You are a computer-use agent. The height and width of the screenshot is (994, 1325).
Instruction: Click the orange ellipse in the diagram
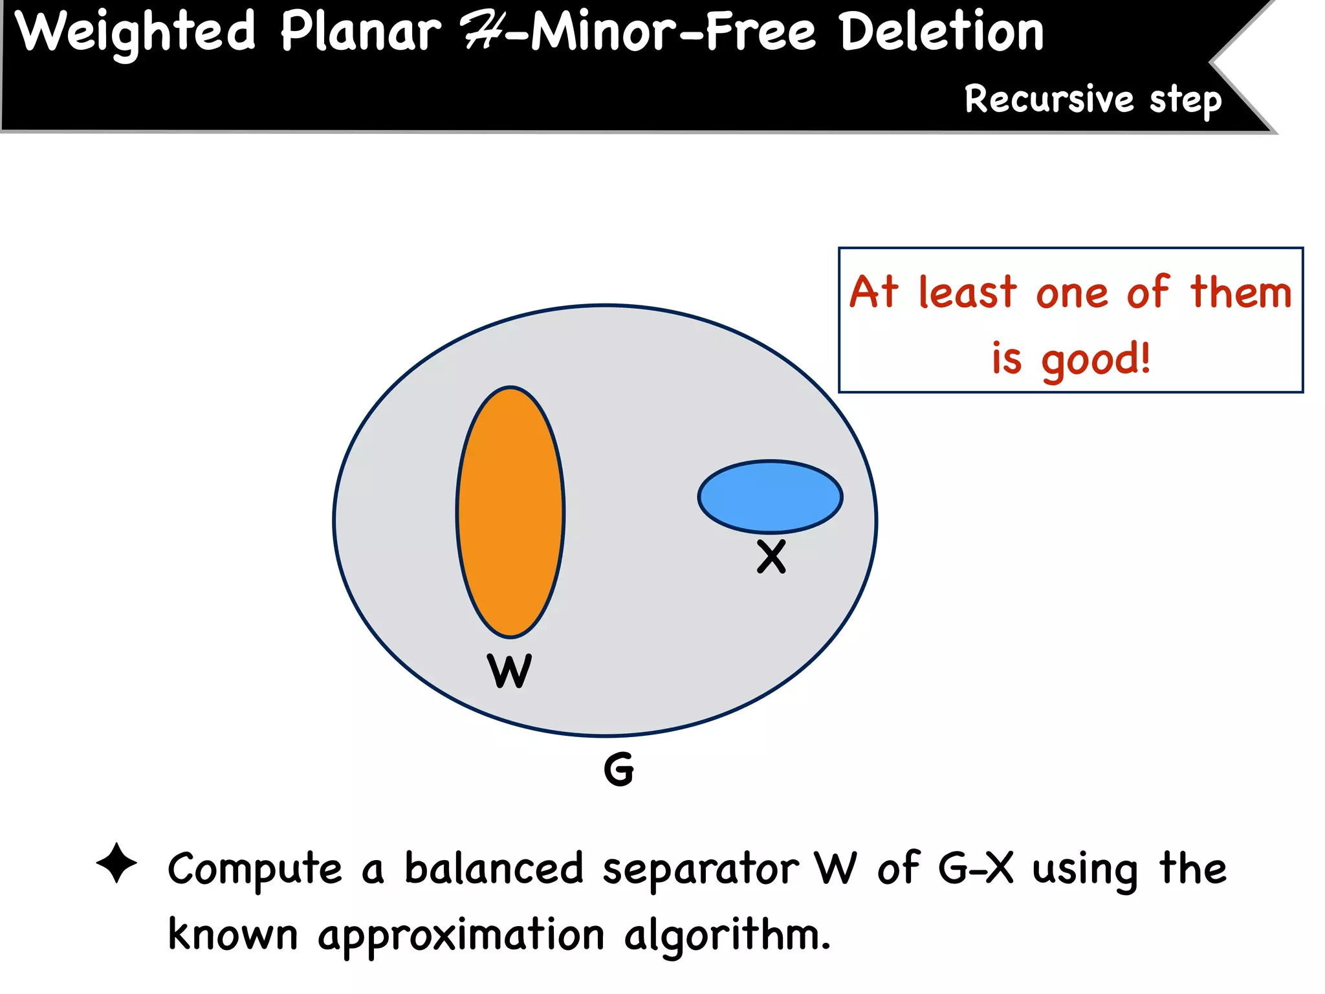pyautogui.click(x=510, y=512)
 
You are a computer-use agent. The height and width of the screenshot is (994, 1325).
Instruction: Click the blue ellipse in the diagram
pyautogui.click(x=770, y=496)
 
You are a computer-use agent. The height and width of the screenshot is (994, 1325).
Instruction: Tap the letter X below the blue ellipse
pyautogui.click(x=771, y=557)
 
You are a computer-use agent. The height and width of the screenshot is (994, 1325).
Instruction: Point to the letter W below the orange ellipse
pyautogui.click(x=510, y=671)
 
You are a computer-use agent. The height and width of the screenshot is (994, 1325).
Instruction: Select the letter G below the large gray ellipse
pyautogui.click(x=619, y=769)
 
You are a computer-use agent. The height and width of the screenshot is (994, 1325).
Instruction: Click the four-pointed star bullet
pyautogui.click(x=116, y=863)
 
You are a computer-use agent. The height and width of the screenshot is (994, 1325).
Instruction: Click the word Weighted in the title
pyautogui.click(x=136, y=32)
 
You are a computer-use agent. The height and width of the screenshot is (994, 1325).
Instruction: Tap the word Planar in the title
pyautogui.click(x=361, y=32)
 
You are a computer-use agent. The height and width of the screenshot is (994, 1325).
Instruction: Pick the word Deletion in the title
pyautogui.click(x=942, y=32)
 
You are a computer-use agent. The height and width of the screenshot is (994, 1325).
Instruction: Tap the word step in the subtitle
pyautogui.click(x=1185, y=101)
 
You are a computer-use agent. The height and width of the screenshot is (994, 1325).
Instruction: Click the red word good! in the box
pyautogui.click(x=1096, y=360)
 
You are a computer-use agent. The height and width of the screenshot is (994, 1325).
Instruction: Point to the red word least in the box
pyautogui.click(x=968, y=293)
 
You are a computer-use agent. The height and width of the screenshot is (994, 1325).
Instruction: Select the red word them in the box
pyautogui.click(x=1241, y=293)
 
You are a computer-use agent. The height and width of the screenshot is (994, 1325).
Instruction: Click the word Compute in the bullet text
pyautogui.click(x=255, y=870)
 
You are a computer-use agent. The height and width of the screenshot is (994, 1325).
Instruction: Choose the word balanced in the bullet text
pyautogui.click(x=494, y=868)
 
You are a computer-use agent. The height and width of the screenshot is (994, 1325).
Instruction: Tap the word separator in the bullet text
pyautogui.click(x=701, y=870)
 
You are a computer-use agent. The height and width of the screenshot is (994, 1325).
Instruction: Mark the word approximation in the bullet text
pyautogui.click(x=461, y=936)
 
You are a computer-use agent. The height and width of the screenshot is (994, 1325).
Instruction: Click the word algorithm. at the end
pyautogui.click(x=727, y=936)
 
